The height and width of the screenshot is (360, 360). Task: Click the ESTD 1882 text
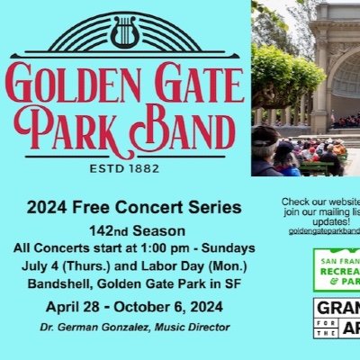125,166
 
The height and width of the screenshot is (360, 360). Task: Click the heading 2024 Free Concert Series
134,208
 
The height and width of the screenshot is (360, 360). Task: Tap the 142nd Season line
134,230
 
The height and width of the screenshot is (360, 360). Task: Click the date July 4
48,265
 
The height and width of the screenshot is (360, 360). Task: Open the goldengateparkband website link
324,231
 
